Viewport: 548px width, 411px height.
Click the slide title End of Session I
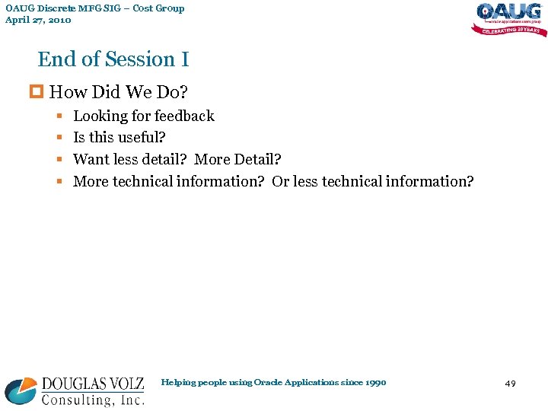tap(113, 59)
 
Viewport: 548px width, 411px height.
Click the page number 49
tap(510, 384)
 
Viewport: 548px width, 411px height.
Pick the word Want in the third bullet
tap(89, 159)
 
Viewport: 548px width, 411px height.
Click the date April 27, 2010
tap(38, 20)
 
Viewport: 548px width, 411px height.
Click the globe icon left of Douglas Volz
tap(21, 391)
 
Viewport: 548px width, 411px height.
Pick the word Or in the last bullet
tap(280, 181)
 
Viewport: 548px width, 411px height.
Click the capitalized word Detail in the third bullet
tap(256, 159)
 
